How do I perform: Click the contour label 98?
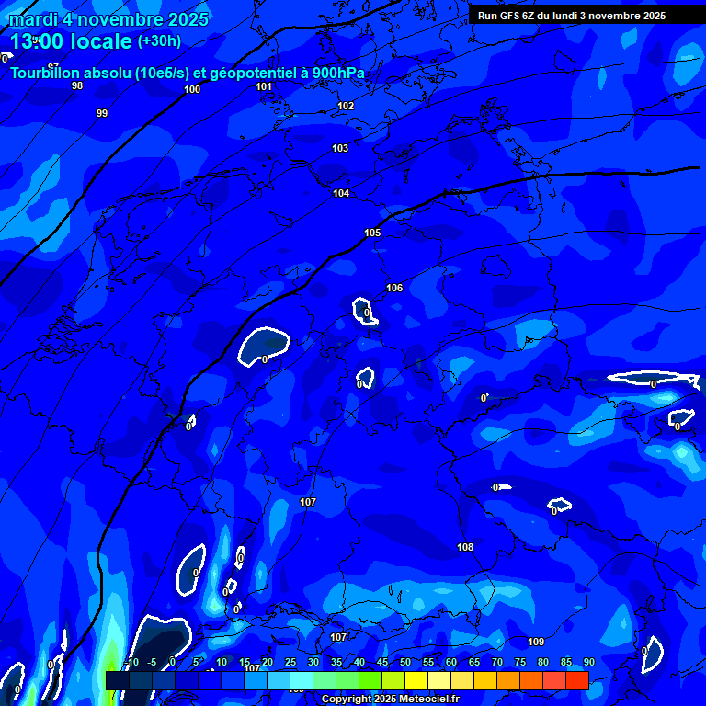[x=77, y=85]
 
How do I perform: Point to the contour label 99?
[x=102, y=113]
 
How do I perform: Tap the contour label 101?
[x=265, y=86]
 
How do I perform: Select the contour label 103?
[x=340, y=148]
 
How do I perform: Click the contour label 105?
[x=372, y=233]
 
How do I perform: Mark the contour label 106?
[x=394, y=288]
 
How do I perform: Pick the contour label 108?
[x=465, y=547]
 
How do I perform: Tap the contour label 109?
[x=536, y=642]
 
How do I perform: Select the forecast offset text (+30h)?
[x=159, y=41]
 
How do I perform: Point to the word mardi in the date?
[x=32, y=19]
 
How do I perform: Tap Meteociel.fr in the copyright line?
[x=416, y=700]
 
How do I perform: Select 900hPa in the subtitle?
[x=339, y=73]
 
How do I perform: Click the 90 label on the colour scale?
[x=588, y=663]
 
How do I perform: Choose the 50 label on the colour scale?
[x=405, y=663]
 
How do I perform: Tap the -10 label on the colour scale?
[x=131, y=663]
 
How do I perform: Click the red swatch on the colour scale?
[x=577, y=680]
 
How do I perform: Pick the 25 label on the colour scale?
[x=290, y=663]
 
